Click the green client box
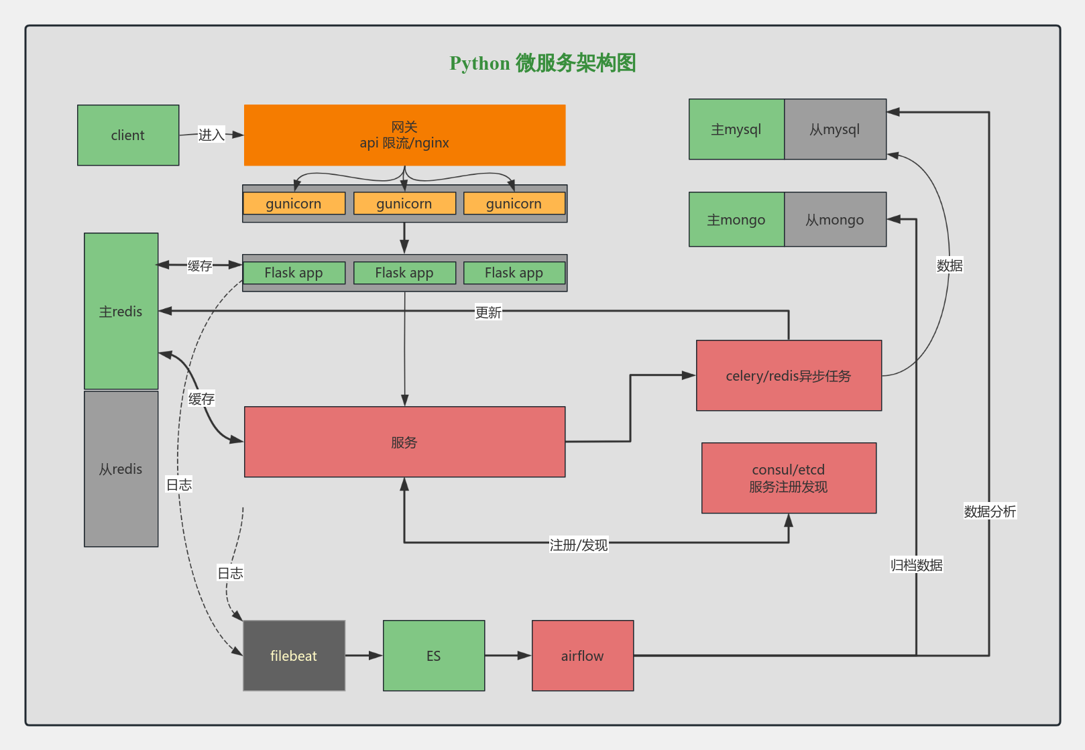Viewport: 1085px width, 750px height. pos(128,135)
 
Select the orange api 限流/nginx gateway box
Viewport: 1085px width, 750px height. pos(404,135)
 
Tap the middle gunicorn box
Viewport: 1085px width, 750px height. pos(404,203)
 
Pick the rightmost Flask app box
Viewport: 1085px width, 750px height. pos(514,273)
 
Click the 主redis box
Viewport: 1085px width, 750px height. pos(121,311)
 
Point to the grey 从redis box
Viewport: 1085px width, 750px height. pos(121,468)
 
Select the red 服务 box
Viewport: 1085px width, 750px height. pos(404,442)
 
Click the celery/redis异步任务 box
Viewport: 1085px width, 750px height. pos(789,375)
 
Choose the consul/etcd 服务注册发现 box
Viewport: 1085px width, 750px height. pos(789,478)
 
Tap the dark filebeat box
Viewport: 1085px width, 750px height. pos(294,655)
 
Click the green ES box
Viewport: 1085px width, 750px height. pos(434,655)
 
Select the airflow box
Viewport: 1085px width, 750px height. pos(582,655)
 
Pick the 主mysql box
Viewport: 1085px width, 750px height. pos(736,129)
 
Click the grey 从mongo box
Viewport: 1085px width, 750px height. pos(835,219)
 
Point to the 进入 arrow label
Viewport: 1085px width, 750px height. pos(211,135)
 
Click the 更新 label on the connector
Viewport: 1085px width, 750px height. pos(488,312)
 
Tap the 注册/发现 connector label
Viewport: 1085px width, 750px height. pos(578,545)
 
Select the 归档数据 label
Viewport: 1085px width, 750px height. pos(916,565)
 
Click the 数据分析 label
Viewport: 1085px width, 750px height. pos(990,511)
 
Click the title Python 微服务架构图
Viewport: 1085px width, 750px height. pos(542,63)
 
